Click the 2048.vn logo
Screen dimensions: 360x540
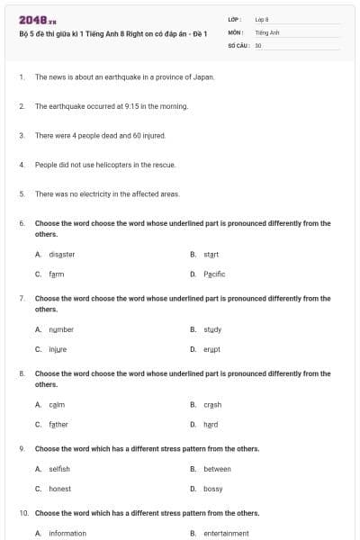38,19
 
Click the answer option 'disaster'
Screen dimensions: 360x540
61,255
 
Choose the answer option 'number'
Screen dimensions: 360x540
61,329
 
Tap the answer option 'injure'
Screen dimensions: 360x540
58,349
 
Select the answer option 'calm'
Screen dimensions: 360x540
57,405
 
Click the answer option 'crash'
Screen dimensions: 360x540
212,405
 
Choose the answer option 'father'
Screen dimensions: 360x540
58,425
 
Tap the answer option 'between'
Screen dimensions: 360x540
217,469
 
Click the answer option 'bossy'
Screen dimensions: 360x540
213,489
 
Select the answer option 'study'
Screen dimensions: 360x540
212,329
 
